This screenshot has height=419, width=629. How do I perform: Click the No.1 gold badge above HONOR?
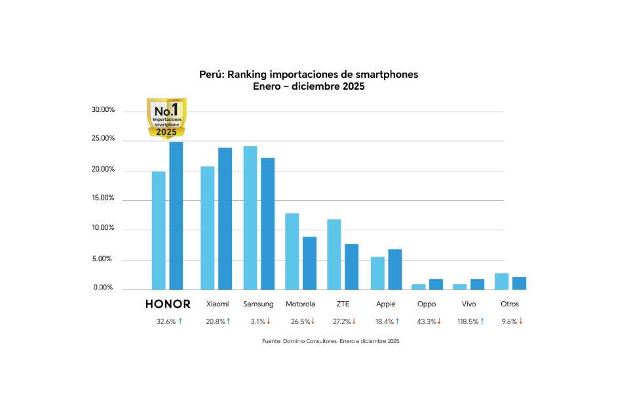tap(166, 118)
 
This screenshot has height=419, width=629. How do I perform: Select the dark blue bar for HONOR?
tap(176, 215)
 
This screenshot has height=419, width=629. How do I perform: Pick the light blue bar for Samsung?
tap(250, 217)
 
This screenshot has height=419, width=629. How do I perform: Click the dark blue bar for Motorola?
tap(309, 263)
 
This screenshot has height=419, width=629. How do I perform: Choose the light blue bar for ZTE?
tap(334, 254)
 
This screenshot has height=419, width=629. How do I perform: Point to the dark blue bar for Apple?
tap(394, 269)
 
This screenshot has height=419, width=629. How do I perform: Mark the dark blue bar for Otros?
tap(519, 283)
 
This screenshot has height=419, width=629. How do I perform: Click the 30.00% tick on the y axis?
tap(103, 110)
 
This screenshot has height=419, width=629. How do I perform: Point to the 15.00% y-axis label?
tap(103, 198)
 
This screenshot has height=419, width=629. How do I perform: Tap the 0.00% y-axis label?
tap(103, 288)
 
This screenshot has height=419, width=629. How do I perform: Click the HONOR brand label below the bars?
tap(168, 304)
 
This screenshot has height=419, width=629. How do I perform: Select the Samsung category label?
tap(258, 304)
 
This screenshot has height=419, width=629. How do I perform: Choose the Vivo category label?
tap(468, 304)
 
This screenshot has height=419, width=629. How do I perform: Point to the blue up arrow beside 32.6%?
tap(180, 321)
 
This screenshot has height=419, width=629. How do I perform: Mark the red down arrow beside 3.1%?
tap(269, 321)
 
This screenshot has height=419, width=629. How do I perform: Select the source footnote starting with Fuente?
tap(330, 341)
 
